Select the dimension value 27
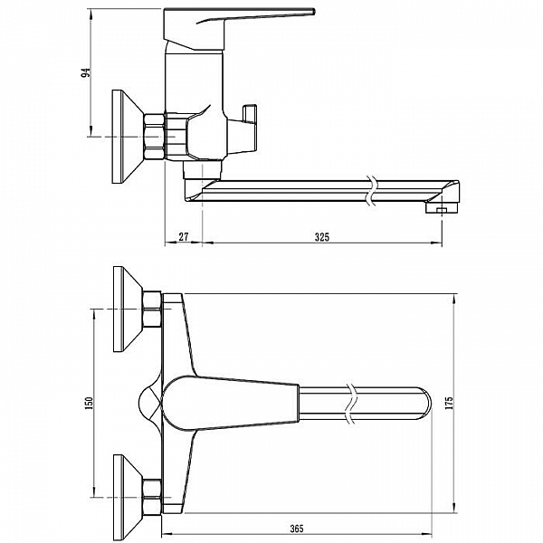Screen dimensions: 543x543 coord(183,237)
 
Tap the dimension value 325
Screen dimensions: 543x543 coord(321,237)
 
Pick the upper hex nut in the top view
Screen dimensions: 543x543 coord(151,310)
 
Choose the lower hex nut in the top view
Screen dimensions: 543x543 coord(151,497)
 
